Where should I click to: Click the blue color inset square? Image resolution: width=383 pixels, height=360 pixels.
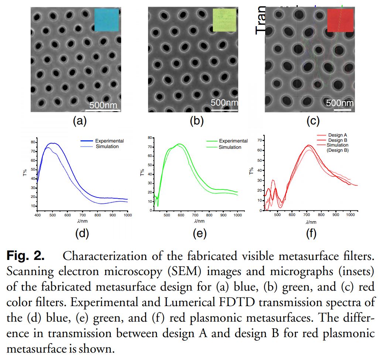[107, 20]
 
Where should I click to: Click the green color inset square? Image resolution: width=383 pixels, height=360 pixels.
[224, 20]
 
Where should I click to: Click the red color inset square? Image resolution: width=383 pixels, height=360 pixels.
[340, 20]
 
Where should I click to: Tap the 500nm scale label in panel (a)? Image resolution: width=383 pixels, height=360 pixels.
[103, 105]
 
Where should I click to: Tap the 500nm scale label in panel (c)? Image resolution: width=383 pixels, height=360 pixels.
[340, 103]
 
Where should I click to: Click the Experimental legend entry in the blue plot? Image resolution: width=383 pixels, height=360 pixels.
[109, 141]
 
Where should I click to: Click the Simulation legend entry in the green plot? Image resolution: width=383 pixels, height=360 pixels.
[230, 147]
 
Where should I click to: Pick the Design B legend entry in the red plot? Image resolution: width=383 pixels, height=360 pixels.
[337, 140]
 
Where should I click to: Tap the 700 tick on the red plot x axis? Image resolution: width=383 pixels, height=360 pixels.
[307, 215]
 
